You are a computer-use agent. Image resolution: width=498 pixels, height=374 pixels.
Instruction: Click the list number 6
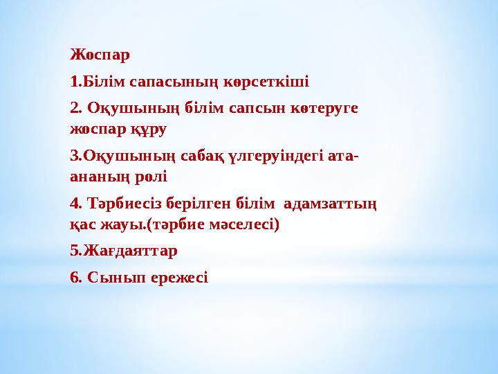click(x=74, y=278)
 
